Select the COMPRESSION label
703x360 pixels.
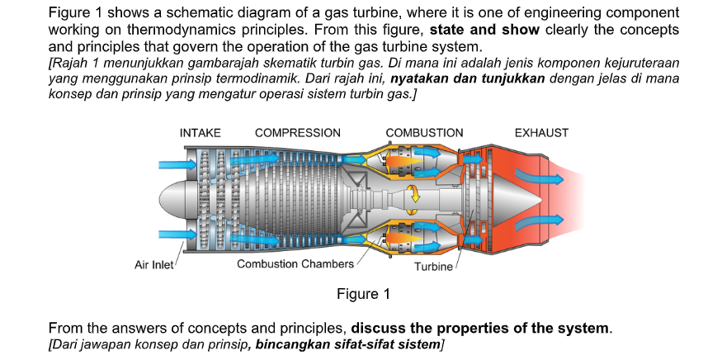pyautogui.click(x=297, y=133)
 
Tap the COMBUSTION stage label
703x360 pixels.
pyautogui.click(x=424, y=133)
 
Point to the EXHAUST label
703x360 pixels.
pyautogui.click(x=540, y=133)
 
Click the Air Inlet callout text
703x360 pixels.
pyautogui.click(x=153, y=265)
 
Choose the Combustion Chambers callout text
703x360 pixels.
pyautogui.click(x=295, y=264)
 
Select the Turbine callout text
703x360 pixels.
pyautogui.click(x=433, y=268)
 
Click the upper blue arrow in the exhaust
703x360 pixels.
pyautogui.click(x=538, y=175)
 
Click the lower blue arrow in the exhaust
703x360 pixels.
pyautogui.click(x=538, y=221)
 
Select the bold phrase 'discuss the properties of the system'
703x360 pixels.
pyautogui.click(x=481, y=328)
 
